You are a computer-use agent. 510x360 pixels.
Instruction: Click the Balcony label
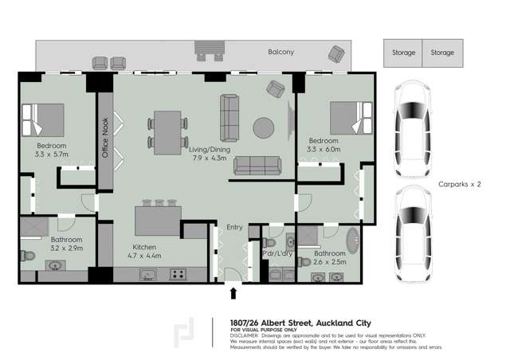[280, 53]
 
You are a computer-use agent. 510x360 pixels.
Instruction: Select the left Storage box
[403, 53]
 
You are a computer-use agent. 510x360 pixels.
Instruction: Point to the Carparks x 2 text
[460, 184]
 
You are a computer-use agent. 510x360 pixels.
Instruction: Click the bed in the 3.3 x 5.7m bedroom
[46, 119]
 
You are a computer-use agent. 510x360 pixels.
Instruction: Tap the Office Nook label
[104, 138]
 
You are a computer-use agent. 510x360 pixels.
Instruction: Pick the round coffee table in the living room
[264, 127]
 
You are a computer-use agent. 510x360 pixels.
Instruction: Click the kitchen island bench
[158, 219]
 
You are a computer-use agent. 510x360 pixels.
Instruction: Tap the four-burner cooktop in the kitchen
[178, 274]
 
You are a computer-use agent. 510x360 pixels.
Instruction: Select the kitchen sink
[147, 274]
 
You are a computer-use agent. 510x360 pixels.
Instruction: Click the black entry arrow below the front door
[233, 293]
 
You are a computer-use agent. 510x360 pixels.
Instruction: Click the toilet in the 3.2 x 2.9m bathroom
[27, 256]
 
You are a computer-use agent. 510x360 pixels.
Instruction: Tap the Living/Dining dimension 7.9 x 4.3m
[208, 158]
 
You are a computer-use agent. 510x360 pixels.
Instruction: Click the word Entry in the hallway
[234, 227]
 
